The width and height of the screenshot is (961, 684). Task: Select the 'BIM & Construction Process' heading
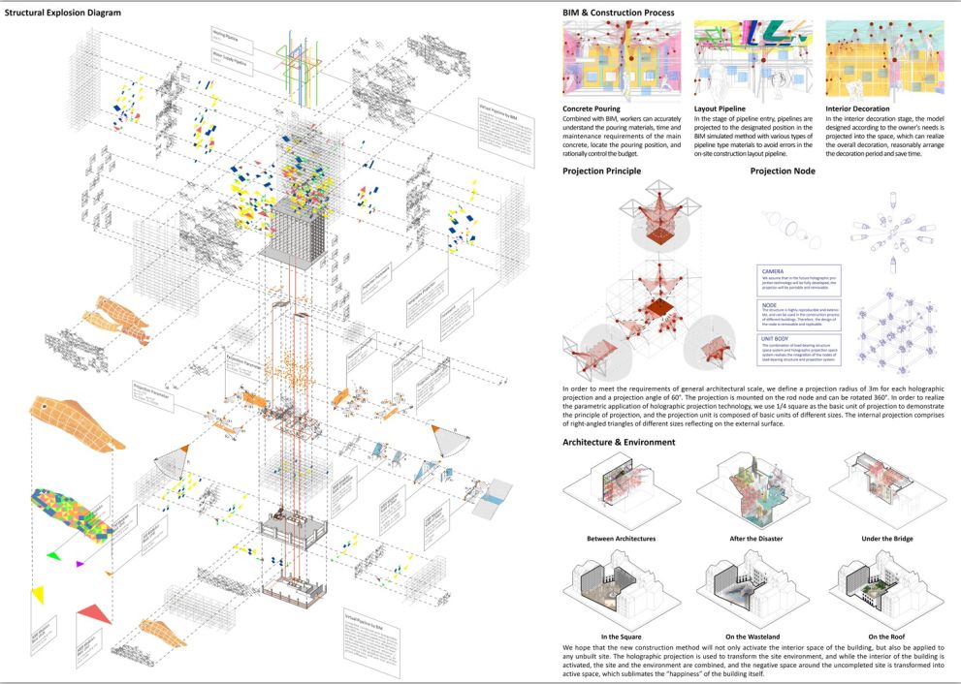click(619, 13)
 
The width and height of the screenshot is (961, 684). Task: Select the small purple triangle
click(80, 563)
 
